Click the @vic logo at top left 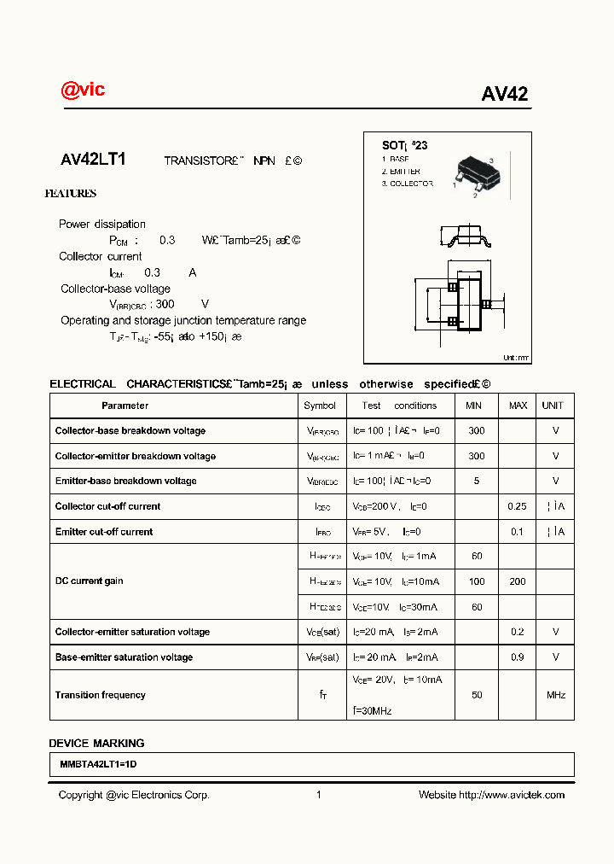(83, 90)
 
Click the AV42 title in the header (504, 95)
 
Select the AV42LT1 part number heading (93, 160)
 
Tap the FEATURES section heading (70, 194)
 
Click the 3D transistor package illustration (474, 172)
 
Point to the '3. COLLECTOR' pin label (407, 184)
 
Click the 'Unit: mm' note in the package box (515, 358)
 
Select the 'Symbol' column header (320, 406)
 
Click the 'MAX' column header (518, 406)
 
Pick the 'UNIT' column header (553, 406)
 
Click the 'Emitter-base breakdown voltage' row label (125, 481)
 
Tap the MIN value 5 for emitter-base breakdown (476, 481)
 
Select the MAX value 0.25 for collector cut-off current (517, 506)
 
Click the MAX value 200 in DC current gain (517, 581)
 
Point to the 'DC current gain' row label (90, 581)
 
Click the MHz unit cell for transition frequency (555, 695)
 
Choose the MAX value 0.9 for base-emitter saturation (517, 657)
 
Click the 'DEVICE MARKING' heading (96, 743)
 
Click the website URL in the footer (512, 795)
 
